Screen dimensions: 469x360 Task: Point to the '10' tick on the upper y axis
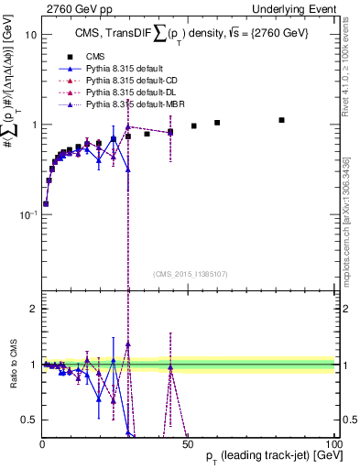coord(30,35)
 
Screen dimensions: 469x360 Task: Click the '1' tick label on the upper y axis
coord(33,125)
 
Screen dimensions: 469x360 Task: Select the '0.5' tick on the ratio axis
coord(29,420)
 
